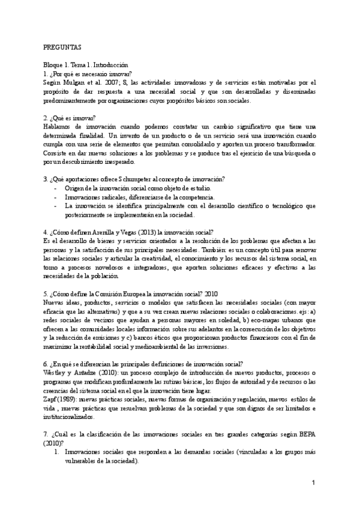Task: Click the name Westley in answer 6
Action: pyautogui.click(x=57, y=373)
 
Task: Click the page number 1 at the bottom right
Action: pyautogui.click(x=313, y=483)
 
